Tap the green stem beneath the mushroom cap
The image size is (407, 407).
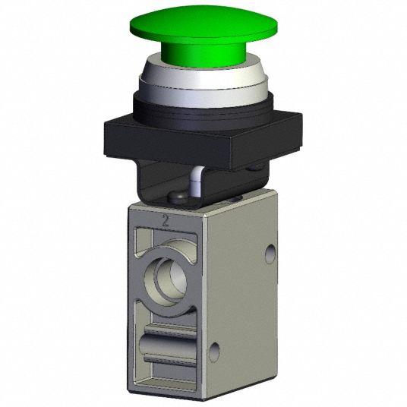204,55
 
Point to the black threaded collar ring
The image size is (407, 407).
204,109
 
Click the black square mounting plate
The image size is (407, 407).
203,140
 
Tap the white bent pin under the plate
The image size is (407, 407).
194,181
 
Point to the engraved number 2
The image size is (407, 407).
166,221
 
